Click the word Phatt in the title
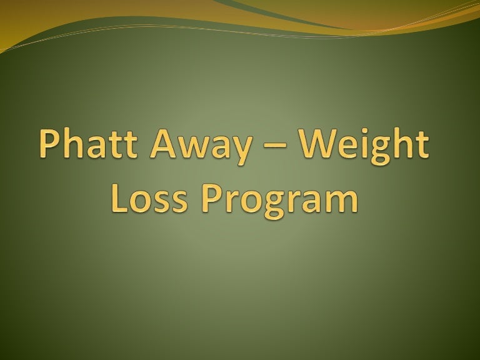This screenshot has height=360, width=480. [x=89, y=143]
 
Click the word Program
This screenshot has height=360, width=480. [x=280, y=201]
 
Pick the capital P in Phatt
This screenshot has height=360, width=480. [x=49, y=144]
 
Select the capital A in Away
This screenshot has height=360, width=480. [x=163, y=144]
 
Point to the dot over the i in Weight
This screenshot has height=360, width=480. [x=365, y=131]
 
